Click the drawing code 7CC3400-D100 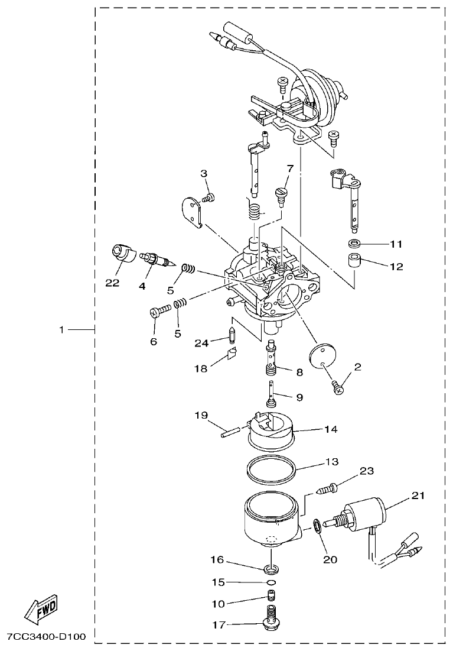click(x=46, y=637)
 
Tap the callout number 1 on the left click(x=61, y=329)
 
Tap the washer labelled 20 click(x=318, y=526)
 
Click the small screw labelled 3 click(x=208, y=197)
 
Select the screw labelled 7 click(x=281, y=196)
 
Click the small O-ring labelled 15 click(x=272, y=582)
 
